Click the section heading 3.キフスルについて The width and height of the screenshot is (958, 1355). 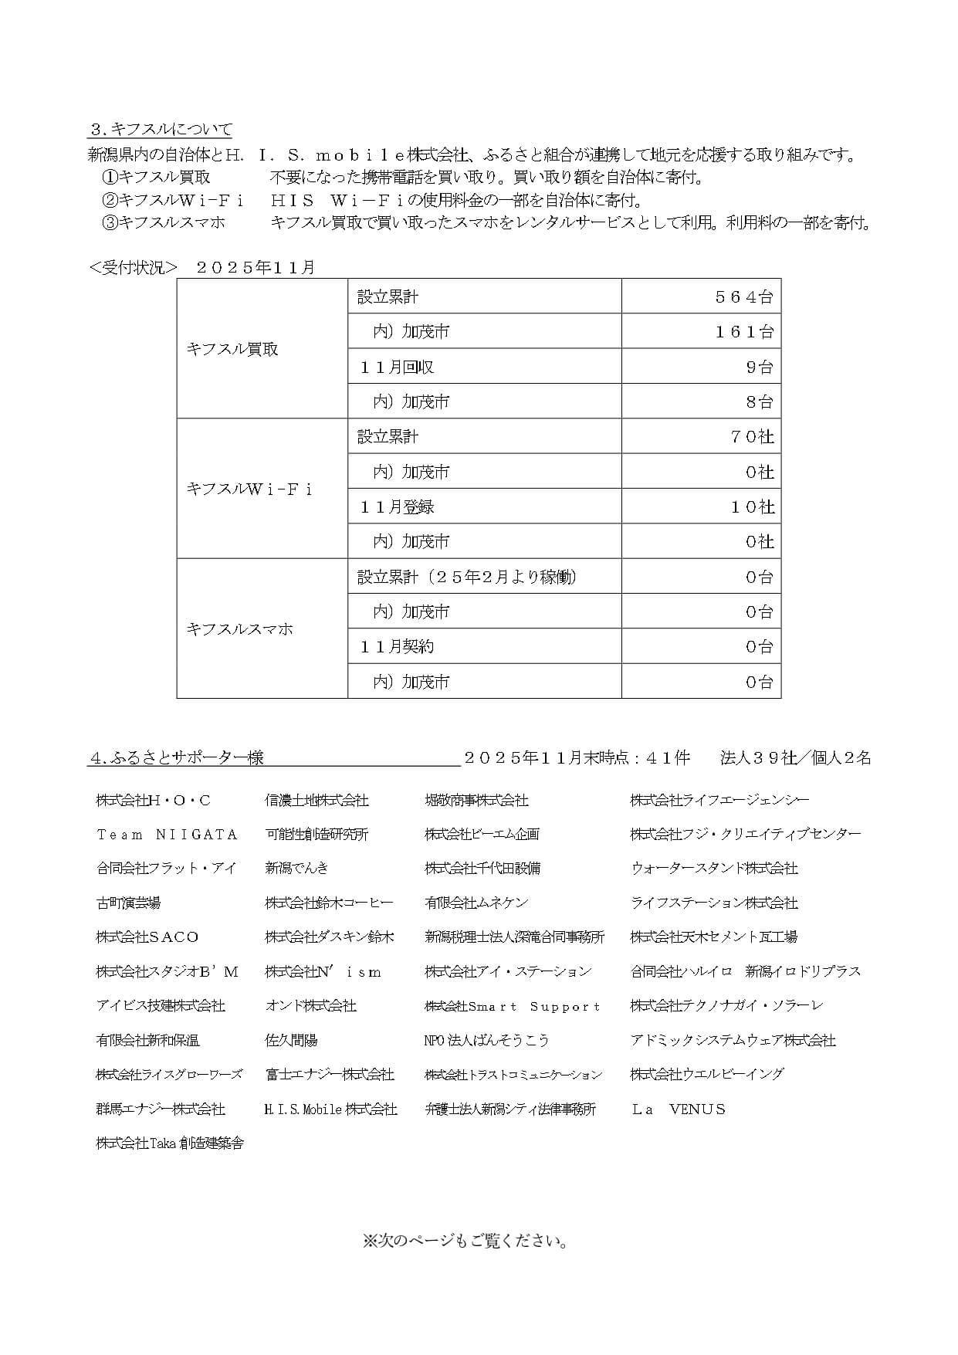tap(161, 129)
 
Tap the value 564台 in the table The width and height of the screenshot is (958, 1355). tap(743, 296)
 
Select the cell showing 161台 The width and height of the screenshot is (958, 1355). tap(743, 331)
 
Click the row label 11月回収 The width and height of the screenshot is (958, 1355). tap(397, 367)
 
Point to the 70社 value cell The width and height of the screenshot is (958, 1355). tap(751, 437)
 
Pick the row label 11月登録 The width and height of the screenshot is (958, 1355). tap(397, 506)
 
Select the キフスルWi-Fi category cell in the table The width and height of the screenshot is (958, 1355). tap(249, 489)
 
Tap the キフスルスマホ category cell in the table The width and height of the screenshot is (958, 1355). tap(239, 629)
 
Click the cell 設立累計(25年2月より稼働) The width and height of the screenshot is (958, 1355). tap(468, 577)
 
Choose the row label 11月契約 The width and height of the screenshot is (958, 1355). tap(397, 647)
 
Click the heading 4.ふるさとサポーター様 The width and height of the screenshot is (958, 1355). tap(178, 758)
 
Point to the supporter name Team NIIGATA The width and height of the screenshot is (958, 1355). tap(167, 835)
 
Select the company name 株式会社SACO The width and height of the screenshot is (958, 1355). tap(147, 937)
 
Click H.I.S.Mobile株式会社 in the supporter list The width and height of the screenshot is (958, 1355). tap(330, 1109)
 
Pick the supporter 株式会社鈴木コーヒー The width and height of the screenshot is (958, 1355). tap(329, 903)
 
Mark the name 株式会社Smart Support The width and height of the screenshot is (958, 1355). tap(513, 1007)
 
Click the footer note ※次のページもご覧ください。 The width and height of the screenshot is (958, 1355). tap(465, 1242)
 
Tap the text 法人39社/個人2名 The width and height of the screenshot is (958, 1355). tap(795, 758)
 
